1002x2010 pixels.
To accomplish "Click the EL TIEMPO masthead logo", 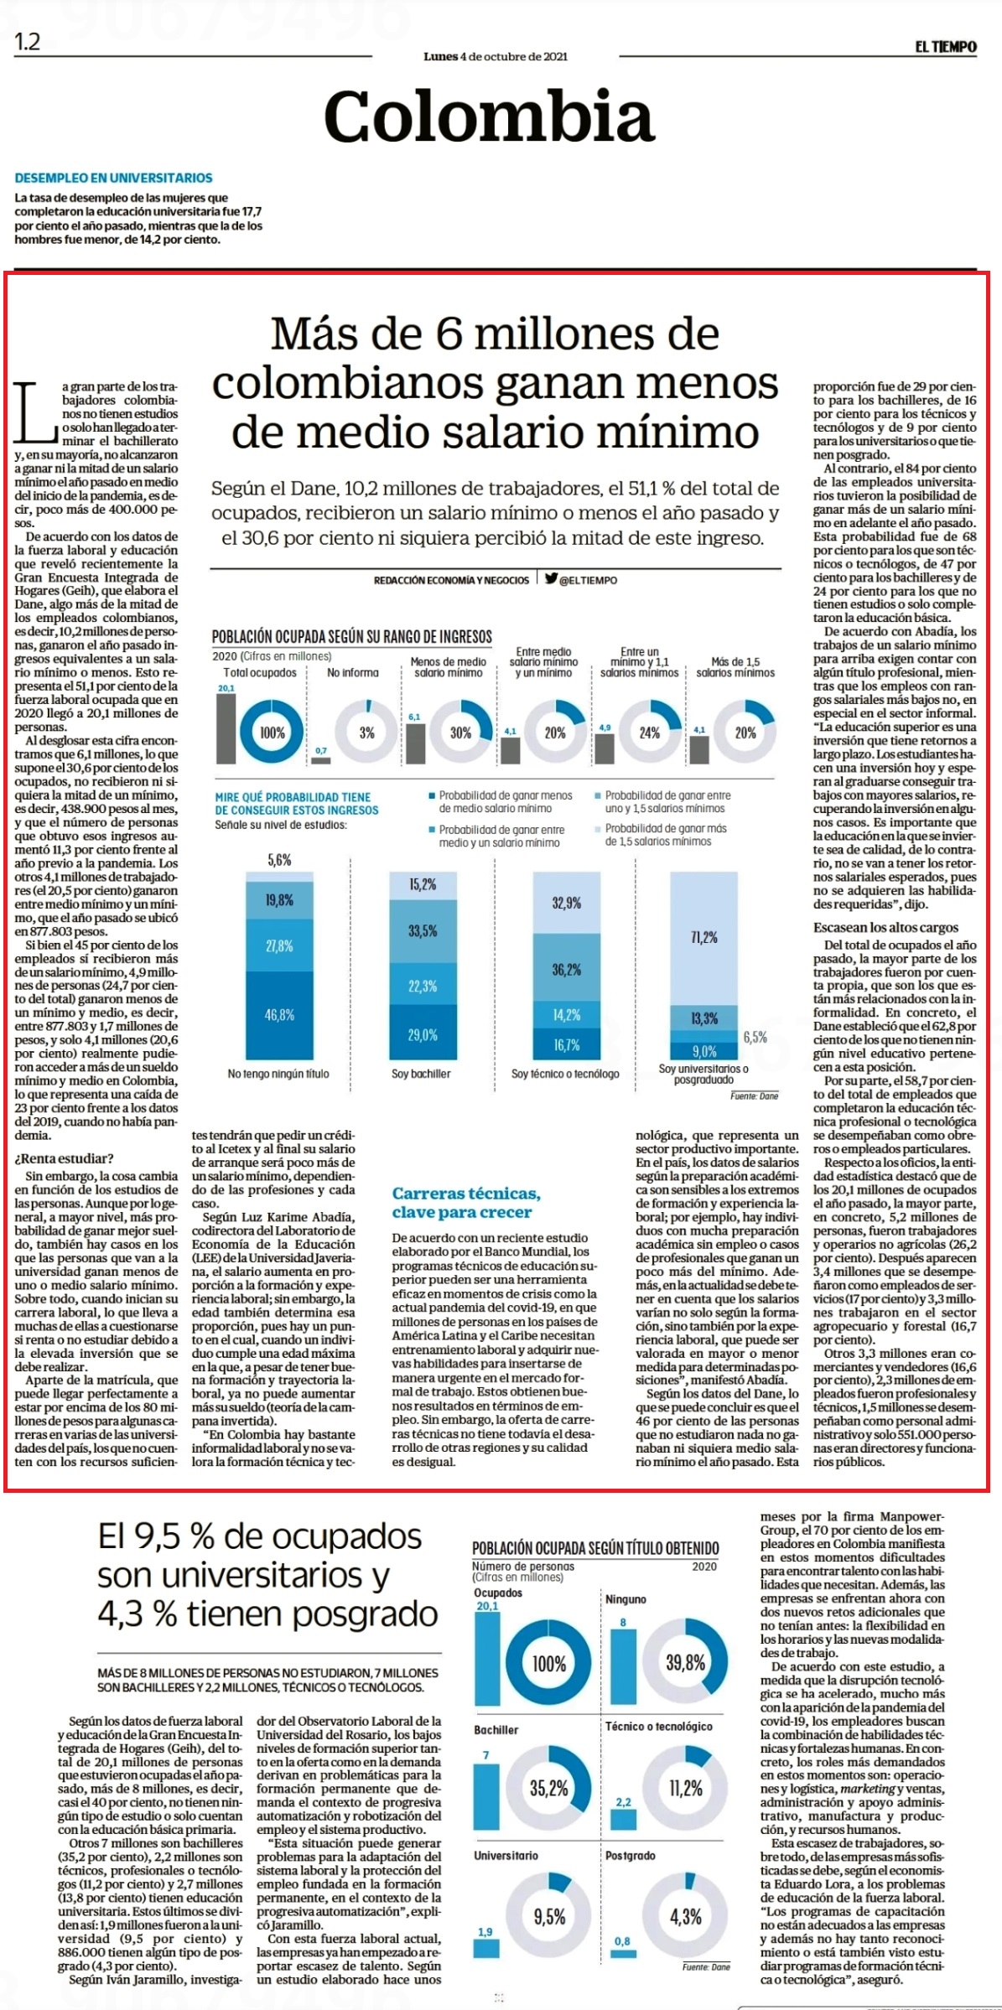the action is click(x=945, y=47).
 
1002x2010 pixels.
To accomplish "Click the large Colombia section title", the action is click(x=489, y=117).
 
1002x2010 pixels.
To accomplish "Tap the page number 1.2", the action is click(x=27, y=42).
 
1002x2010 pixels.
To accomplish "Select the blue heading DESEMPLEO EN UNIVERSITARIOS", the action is click(x=113, y=178).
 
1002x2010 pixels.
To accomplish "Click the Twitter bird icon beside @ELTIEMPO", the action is click(x=550, y=578).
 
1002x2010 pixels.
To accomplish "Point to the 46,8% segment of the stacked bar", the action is click(x=279, y=1015).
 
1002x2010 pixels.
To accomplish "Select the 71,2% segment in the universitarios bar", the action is click(x=704, y=938).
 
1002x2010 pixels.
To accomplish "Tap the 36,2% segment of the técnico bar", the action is click(x=567, y=970).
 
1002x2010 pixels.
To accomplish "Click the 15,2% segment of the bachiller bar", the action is click(x=423, y=884).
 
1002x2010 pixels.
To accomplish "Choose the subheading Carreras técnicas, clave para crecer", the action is click(x=466, y=1203).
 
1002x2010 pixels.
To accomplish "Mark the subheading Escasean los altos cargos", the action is click(x=885, y=928).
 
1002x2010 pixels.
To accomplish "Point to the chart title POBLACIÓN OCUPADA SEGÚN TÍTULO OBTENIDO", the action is click(x=595, y=1548).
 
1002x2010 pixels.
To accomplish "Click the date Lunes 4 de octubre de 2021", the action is click(x=496, y=57).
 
